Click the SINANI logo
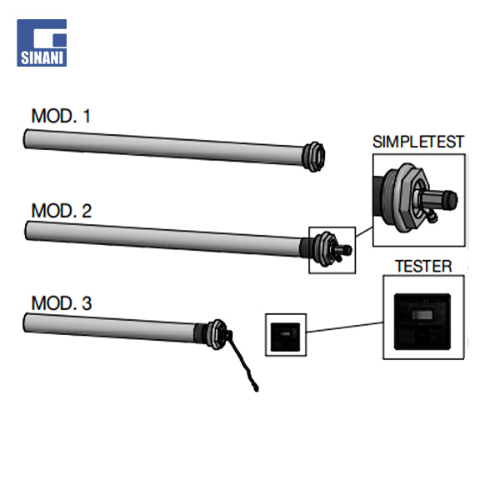pyautogui.click(x=41, y=42)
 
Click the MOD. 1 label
pyautogui.click(x=61, y=116)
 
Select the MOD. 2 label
pyautogui.click(x=61, y=210)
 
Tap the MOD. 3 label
pyautogui.click(x=61, y=302)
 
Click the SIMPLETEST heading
pyautogui.click(x=417, y=142)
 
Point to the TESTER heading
pyautogui.click(x=422, y=267)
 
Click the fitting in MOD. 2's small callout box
pyautogui.click(x=331, y=249)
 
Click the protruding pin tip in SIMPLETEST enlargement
pyautogui.click(x=451, y=199)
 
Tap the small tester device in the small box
pyautogui.click(x=285, y=334)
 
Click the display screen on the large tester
pyautogui.click(x=422, y=315)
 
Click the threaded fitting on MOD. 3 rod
pyautogui.click(x=214, y=331)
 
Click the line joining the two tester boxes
pyautogui.click(x=344, y=330)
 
